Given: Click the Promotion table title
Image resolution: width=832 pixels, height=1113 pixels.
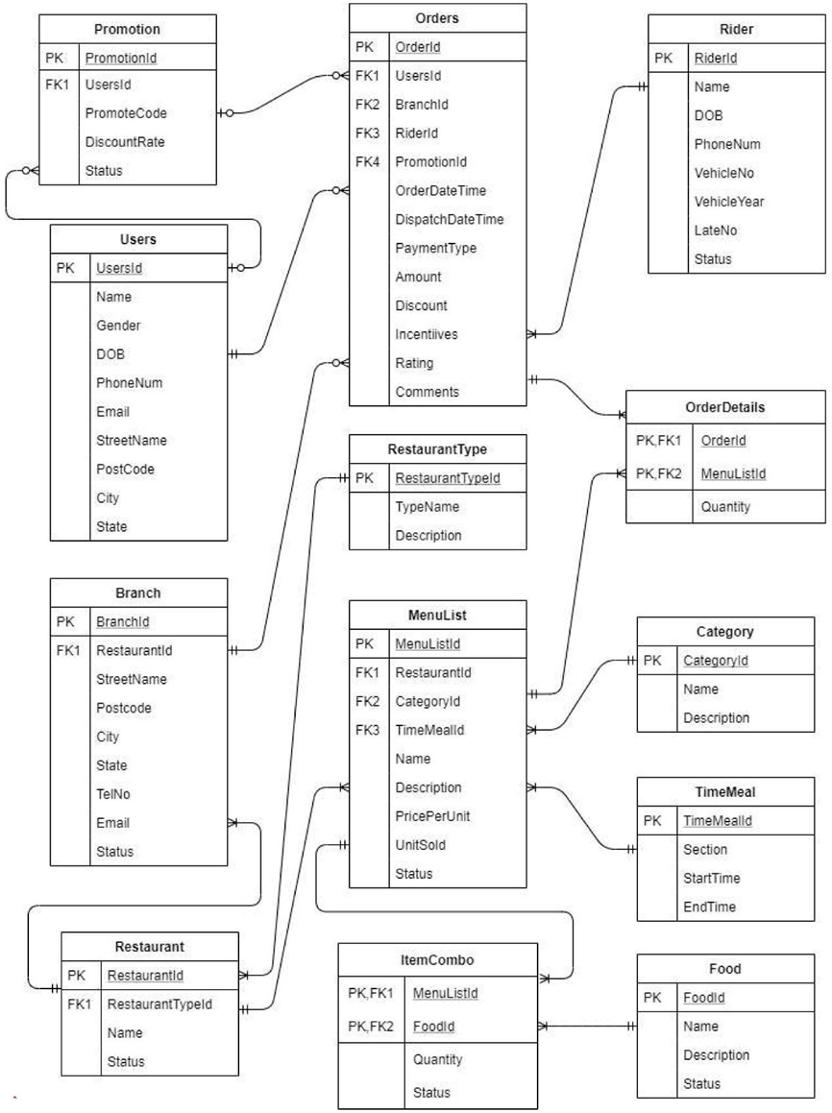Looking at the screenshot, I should click(x=128, y=30).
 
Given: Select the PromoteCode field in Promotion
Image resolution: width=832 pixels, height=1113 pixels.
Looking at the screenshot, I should click(x=126, y=113).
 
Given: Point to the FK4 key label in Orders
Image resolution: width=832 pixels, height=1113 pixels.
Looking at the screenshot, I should click(x=368, y=161).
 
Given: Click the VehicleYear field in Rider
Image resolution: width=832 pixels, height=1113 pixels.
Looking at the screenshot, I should click(x=729, y=202).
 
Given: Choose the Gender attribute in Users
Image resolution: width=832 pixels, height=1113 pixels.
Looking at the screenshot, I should click(x=118, y=326).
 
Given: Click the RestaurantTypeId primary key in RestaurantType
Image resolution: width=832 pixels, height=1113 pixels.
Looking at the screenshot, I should click(x=447, y=478).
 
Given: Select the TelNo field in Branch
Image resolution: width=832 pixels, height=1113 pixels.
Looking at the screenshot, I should click(x=113, y=794).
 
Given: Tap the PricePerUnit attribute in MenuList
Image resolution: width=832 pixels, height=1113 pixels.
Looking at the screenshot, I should click(x=432, y=816).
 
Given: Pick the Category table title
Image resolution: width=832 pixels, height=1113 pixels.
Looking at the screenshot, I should click(x=724, y=632).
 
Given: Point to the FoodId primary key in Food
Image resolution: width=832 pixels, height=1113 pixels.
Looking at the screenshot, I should click(x=703, y=998).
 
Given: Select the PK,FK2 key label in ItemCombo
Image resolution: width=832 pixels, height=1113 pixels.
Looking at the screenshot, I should click(x=371, y=1027).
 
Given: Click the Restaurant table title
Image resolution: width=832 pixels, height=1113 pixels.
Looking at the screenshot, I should click(x=149, y=946).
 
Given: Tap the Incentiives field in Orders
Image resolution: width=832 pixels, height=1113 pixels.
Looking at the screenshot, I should click(x=427, y=334).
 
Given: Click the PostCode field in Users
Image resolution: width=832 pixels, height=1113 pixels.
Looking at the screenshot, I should click(x=125, y=470).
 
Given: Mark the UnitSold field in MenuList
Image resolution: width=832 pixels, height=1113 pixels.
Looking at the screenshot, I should click(x=420, y=845).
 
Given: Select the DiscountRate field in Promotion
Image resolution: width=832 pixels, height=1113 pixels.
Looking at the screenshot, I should click(x=125, y=142).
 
